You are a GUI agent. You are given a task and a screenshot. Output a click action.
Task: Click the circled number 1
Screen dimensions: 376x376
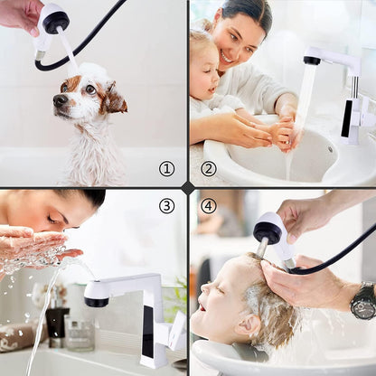[166, 168]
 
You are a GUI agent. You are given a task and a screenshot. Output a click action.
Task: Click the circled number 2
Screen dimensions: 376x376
[209, 168]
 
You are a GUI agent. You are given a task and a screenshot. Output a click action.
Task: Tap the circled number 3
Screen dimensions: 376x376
[166, 206]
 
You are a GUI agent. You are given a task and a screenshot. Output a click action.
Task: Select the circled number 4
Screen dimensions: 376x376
[209, 206]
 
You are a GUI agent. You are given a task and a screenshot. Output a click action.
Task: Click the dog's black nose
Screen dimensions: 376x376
[60, 100]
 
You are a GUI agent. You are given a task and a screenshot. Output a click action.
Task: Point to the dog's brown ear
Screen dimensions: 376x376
[114, 98]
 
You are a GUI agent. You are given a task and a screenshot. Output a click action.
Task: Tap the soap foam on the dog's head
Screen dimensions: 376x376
[91, 73]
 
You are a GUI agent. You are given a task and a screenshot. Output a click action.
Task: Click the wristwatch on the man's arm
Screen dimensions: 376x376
[363, 300]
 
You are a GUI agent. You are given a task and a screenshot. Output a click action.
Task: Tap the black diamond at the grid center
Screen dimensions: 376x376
[188, 187]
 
